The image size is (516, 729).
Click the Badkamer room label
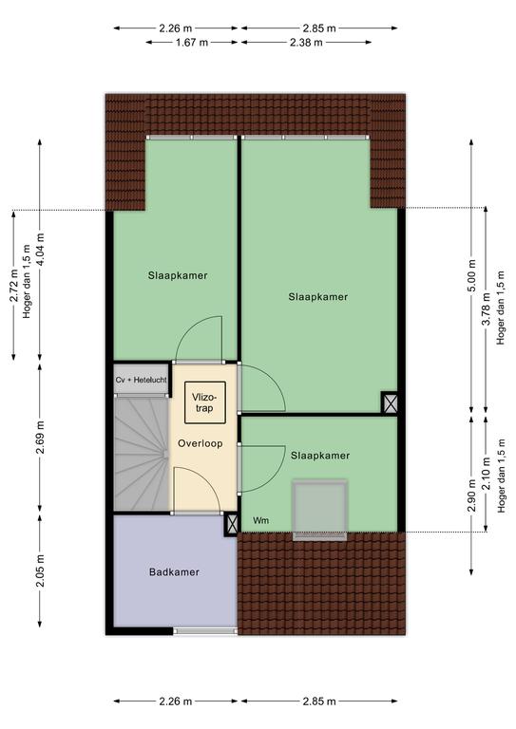[174, 571]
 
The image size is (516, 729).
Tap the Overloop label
[201, 443]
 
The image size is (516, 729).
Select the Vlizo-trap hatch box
[204, 402]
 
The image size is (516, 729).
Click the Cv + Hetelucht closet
[141, 380]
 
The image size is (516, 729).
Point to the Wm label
[261, 520]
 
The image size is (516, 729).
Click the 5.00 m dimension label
[471, 275]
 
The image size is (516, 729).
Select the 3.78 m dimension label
[486, 309]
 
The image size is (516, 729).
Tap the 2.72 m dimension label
[13, 286]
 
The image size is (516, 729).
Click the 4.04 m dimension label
[40, 249]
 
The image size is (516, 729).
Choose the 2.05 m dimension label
[40, 570]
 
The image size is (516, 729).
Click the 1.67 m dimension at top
[192, 43]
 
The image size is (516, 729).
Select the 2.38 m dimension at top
[306, 43]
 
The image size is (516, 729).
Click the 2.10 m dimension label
[486, 474]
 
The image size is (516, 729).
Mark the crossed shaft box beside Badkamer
[231, 524]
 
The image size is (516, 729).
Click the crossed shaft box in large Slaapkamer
[390, 402]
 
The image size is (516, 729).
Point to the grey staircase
[141, 454]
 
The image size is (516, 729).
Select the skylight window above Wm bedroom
[319, 509]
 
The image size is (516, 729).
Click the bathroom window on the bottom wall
[205, 631]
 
